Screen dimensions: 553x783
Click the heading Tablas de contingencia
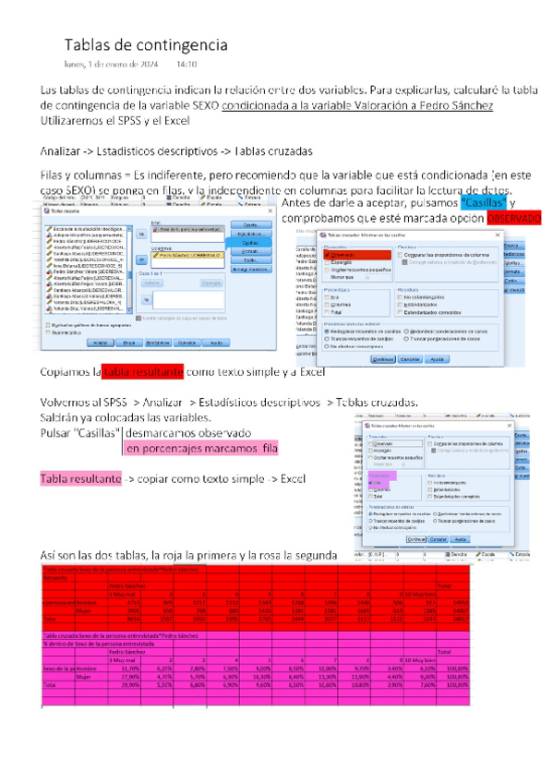click(145, 44)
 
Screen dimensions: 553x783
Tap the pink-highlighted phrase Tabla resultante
click(81, 480)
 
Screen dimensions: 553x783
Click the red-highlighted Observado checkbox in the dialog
click(346, 255)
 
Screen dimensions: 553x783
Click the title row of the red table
click(120, 569)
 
